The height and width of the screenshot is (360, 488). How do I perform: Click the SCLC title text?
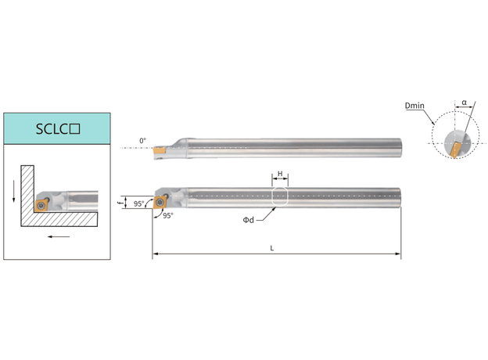58,129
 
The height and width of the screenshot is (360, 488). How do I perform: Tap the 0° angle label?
142,141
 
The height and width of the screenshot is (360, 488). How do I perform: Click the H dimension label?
280,174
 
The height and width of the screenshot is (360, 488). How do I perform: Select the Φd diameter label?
249,220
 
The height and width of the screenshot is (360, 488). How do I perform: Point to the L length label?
271,248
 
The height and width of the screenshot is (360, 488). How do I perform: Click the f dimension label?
120,203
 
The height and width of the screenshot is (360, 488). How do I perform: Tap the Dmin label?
414,106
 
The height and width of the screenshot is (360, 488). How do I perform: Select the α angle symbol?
465,103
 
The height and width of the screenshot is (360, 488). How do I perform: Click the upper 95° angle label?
138,203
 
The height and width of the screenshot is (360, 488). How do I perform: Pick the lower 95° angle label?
167,215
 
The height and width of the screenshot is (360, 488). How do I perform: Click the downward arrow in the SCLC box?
14,191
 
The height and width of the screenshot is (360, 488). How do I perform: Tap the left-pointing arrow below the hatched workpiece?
59,236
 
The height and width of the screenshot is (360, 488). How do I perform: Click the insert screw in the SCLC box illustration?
41,205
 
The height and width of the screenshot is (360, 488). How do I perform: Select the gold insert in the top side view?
159,150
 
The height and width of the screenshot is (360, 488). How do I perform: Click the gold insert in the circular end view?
454,149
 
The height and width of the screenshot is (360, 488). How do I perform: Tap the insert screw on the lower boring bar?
160,202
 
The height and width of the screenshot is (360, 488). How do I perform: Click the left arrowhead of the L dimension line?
156,254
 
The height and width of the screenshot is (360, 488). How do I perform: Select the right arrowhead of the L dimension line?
398,254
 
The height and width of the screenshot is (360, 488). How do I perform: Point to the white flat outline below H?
280,196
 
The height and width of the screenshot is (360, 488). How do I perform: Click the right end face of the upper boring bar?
400,148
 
